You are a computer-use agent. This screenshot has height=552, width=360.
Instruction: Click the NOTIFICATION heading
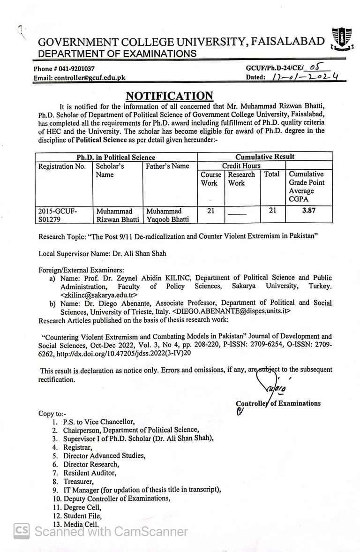click(x=170, y=96)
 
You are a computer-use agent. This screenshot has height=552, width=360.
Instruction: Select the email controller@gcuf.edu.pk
click(x=90, y=78)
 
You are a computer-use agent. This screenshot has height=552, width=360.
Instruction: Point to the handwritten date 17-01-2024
click(x=305, y=77)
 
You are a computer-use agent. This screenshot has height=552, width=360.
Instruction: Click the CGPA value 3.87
click(x=308, y=211)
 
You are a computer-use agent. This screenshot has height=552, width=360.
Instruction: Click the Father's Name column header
click(x=167, y=166)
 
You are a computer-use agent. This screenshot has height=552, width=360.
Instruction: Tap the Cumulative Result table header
click(x=265, y=157)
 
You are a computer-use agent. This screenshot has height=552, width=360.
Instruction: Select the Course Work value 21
click(x=210, y=211)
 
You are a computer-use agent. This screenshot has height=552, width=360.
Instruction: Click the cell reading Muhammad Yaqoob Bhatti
click(x=167, y=215)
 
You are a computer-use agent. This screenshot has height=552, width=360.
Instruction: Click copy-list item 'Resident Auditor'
click(x=90, y=473)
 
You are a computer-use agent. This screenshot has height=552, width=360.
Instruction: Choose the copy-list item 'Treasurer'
click(x=78, y=481)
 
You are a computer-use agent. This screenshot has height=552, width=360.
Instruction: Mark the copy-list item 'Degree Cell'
click(x=82, y=507)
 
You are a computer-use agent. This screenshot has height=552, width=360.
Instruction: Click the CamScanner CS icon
click(x=22, y=531)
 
